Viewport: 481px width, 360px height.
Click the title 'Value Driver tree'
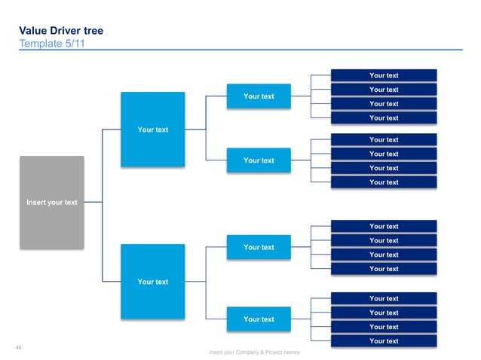coord(61,31)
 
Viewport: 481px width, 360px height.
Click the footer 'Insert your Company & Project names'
coord(255,352)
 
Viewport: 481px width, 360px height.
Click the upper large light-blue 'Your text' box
coord(152,130)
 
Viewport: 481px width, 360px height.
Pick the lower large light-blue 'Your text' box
coord(152,281)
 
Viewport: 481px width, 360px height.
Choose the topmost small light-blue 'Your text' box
coord(258,96)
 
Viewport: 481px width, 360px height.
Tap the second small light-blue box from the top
coord(258,160)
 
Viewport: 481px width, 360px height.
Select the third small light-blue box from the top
coord(258,247)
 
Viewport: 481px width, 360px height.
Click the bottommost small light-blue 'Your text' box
coord(258,319)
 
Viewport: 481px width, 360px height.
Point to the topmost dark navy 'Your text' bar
coord(384,75)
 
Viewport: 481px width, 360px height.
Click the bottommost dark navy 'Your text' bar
coord(384,341)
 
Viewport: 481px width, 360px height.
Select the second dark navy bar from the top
coord(384,90)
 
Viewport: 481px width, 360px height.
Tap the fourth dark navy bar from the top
coord(384,117)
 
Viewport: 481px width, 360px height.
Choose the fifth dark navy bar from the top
coord(384,139)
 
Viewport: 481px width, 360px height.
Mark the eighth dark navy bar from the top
coord(384,182)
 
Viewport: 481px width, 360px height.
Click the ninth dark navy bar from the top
coord(384,226)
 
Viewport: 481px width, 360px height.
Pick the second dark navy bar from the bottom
coord(384,327)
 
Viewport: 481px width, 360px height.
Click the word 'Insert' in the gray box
coord(36,203)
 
